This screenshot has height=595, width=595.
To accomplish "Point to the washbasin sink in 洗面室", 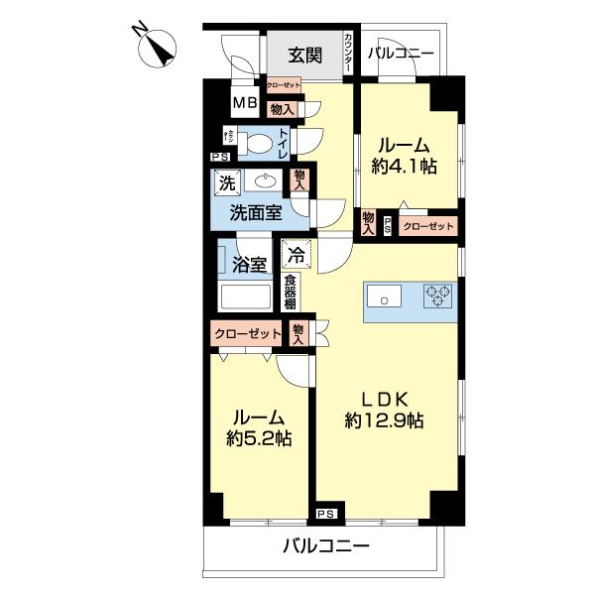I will coord(265,181).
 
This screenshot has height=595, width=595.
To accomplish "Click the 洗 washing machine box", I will coord(227,182).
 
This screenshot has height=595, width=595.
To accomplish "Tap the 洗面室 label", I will coord(256,211).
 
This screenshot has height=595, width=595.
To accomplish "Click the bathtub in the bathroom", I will coord(244,298).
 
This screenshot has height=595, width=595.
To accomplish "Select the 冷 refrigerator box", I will coord(296,254).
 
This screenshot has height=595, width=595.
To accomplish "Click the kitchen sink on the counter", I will coord(384,296).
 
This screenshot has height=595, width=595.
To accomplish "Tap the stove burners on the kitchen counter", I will coord(436,295).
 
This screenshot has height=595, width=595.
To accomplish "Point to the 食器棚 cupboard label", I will coord(291,292).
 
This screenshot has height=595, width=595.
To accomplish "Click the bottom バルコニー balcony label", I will coord(326,545).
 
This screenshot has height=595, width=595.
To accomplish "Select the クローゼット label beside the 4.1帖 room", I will coord(429,227).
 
